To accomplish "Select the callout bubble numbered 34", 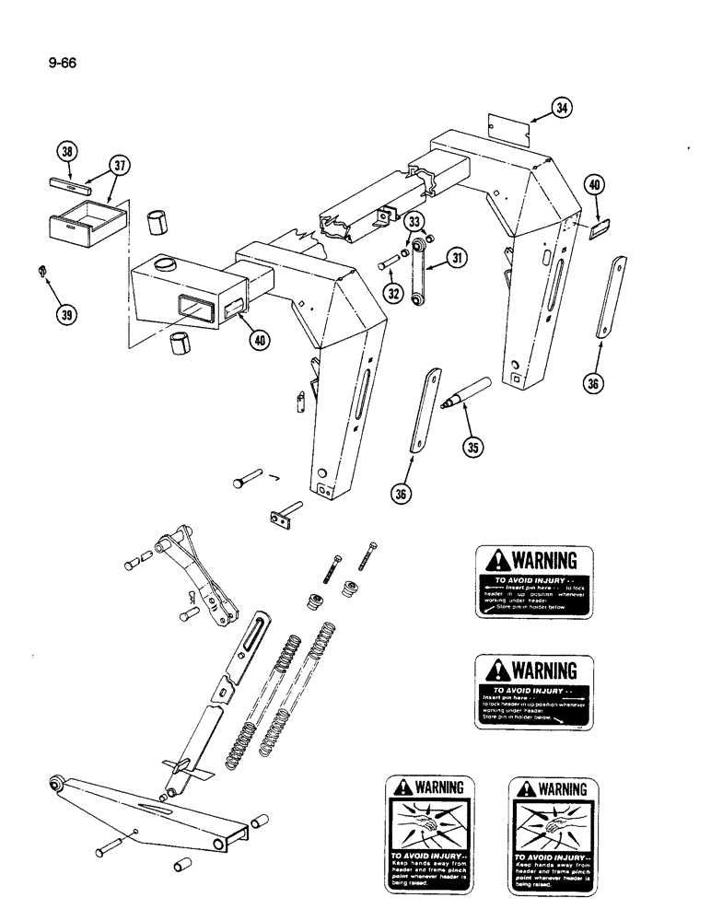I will (561, 109).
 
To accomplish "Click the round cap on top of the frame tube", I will (166, 264).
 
